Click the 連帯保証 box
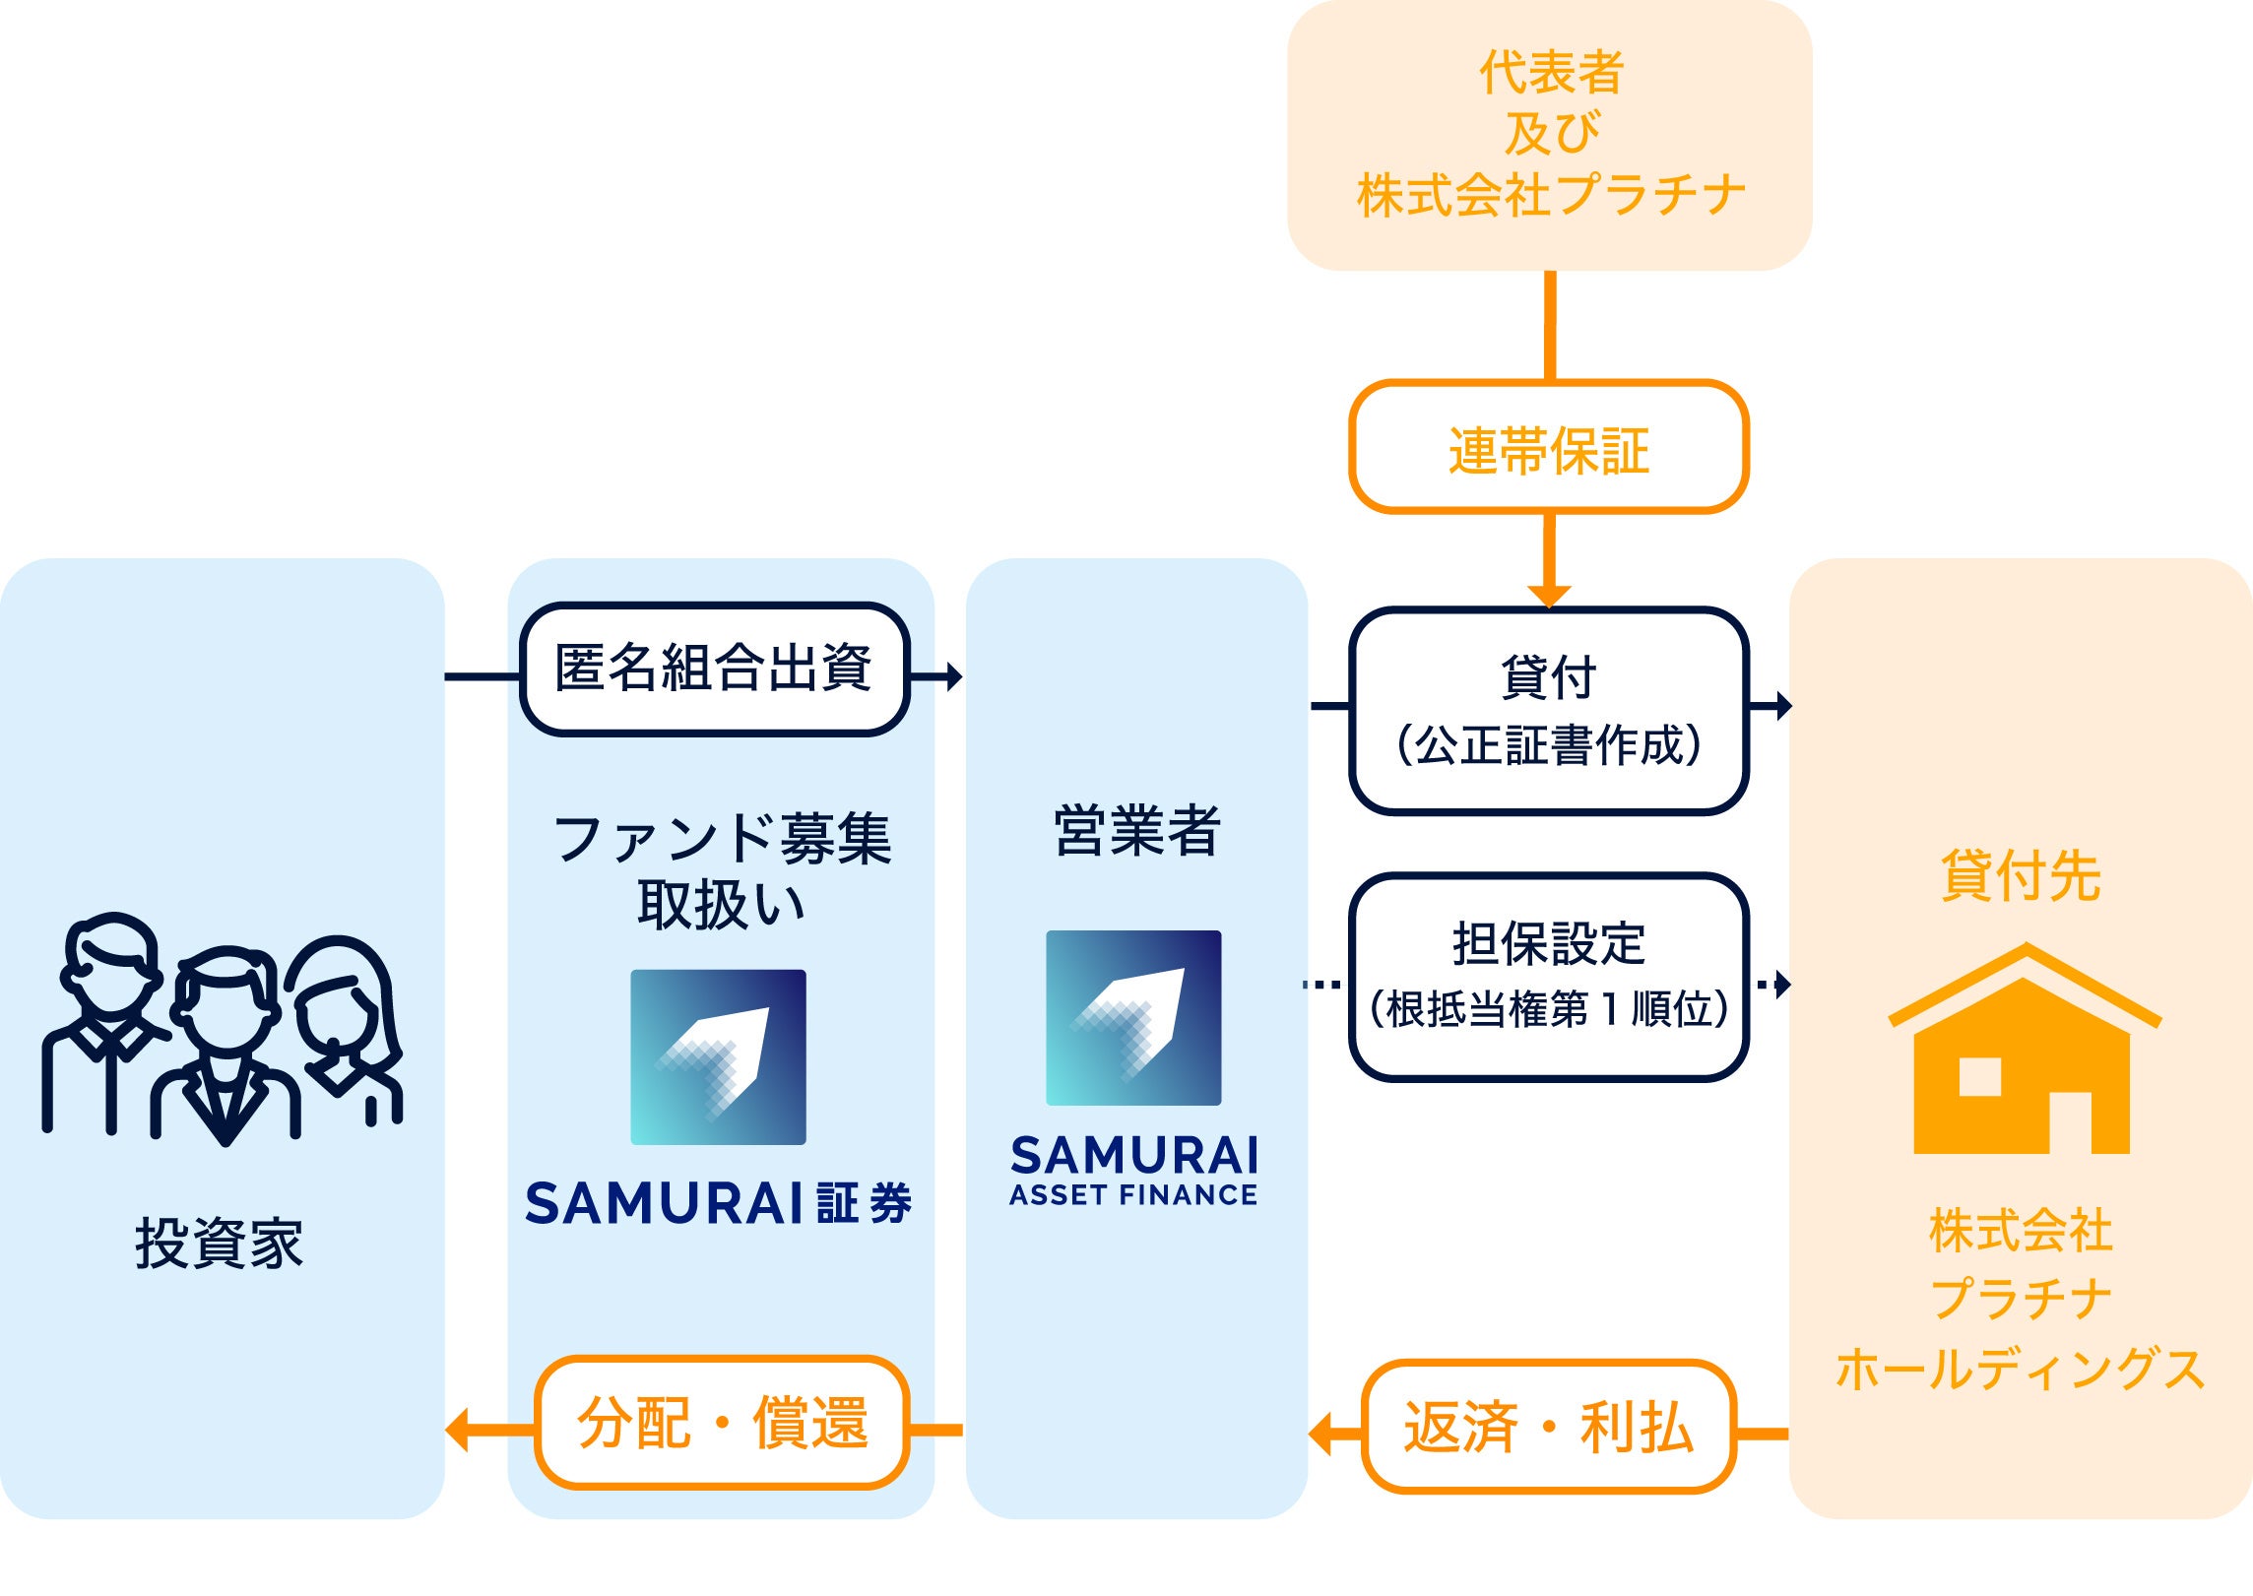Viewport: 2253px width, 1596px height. point(1548,448)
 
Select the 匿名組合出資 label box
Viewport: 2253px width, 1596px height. point(714,670)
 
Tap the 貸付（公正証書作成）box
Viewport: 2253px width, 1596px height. point(1548,711)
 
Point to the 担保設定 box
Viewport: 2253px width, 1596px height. point(1548,977)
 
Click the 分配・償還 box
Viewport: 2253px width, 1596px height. point(722,1424)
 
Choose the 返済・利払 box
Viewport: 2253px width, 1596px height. point(1548,1428)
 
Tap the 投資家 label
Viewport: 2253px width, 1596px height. point(219,1244)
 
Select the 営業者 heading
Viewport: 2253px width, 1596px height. point(1136,830)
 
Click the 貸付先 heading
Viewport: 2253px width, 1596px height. point(2021,875)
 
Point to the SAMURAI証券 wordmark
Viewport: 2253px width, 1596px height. point(719,1203)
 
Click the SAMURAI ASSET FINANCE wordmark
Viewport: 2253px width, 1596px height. point(1134,1170)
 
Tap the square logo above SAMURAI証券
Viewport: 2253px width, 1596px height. point(718,1056)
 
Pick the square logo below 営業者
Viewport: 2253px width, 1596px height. point(1133,1017)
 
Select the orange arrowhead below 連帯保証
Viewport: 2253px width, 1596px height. point(1549,596)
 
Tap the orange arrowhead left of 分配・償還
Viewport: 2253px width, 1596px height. point(459,1430)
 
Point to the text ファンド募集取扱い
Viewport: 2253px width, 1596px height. point(722,871)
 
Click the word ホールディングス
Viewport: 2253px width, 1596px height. point(2021,1370)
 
